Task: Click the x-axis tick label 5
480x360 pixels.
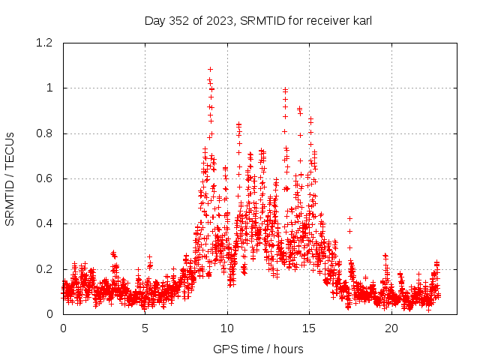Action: click(x=145, y=328)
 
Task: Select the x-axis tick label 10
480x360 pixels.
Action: click(x=227, y=328)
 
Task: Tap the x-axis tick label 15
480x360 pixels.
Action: click(x=310, y=328)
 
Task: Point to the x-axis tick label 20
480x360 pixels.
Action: click(x=391, y=328)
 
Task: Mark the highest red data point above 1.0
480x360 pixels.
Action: click(x=210, y=70)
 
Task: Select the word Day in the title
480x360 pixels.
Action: click(x=154, y=21)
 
